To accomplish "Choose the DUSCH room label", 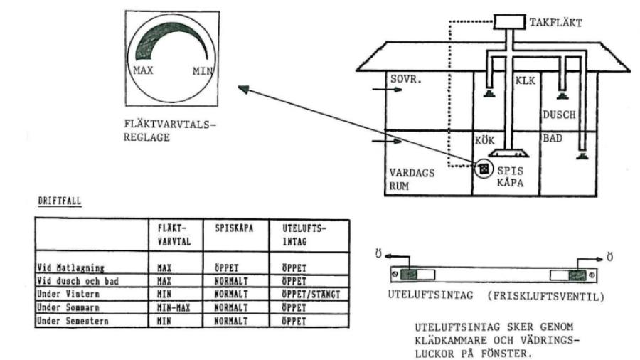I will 559,114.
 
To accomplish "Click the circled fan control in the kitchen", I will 484,169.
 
